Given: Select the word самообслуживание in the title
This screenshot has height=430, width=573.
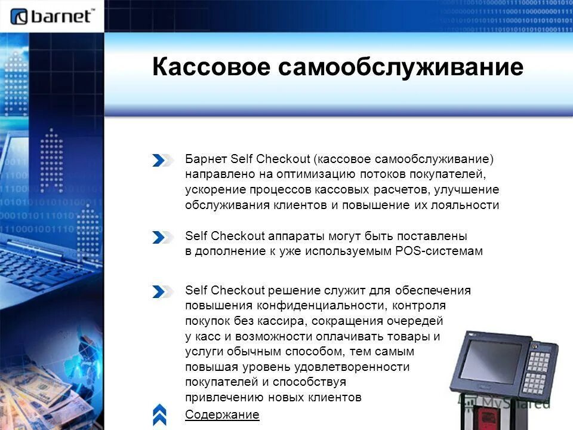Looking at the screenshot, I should coord(400,67).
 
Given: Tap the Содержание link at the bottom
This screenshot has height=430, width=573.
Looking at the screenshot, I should coord(222,414).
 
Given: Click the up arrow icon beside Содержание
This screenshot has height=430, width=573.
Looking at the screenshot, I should coord(160,414).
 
